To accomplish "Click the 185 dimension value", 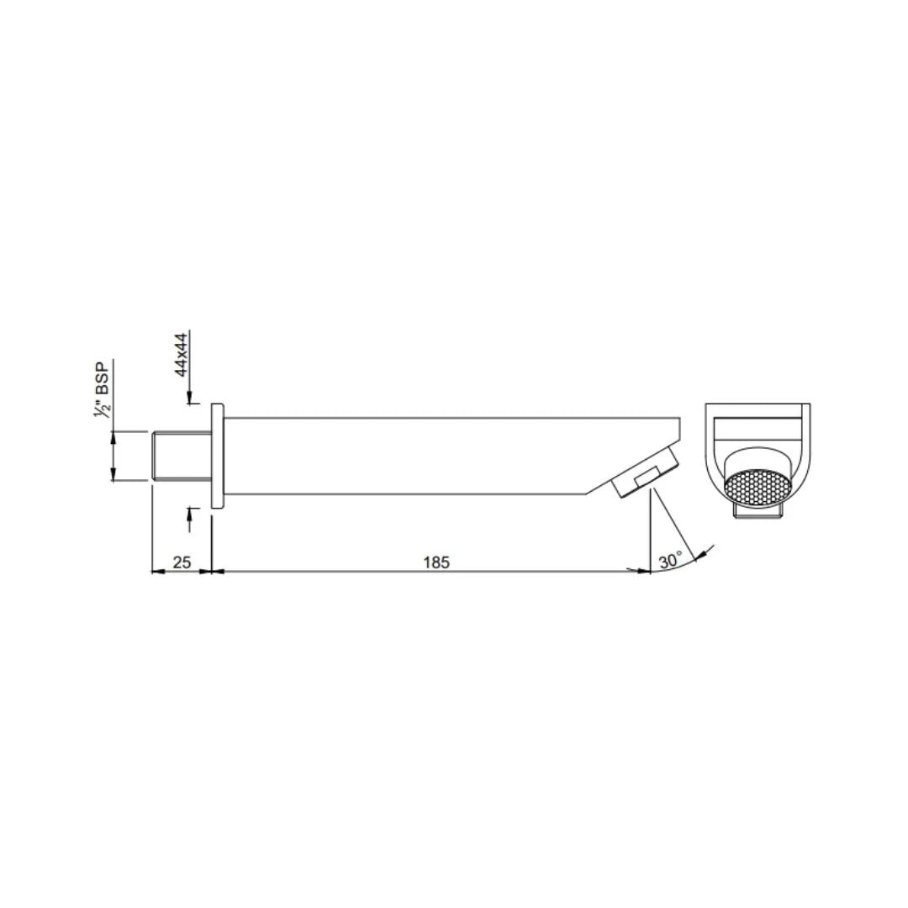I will (x=436, y=562).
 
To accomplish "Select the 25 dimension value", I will (x=182, y=562).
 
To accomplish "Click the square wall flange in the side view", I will (x=217, y=456).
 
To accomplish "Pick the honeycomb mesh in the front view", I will (x=758, y=488).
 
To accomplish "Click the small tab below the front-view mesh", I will (x=758, y=511).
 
